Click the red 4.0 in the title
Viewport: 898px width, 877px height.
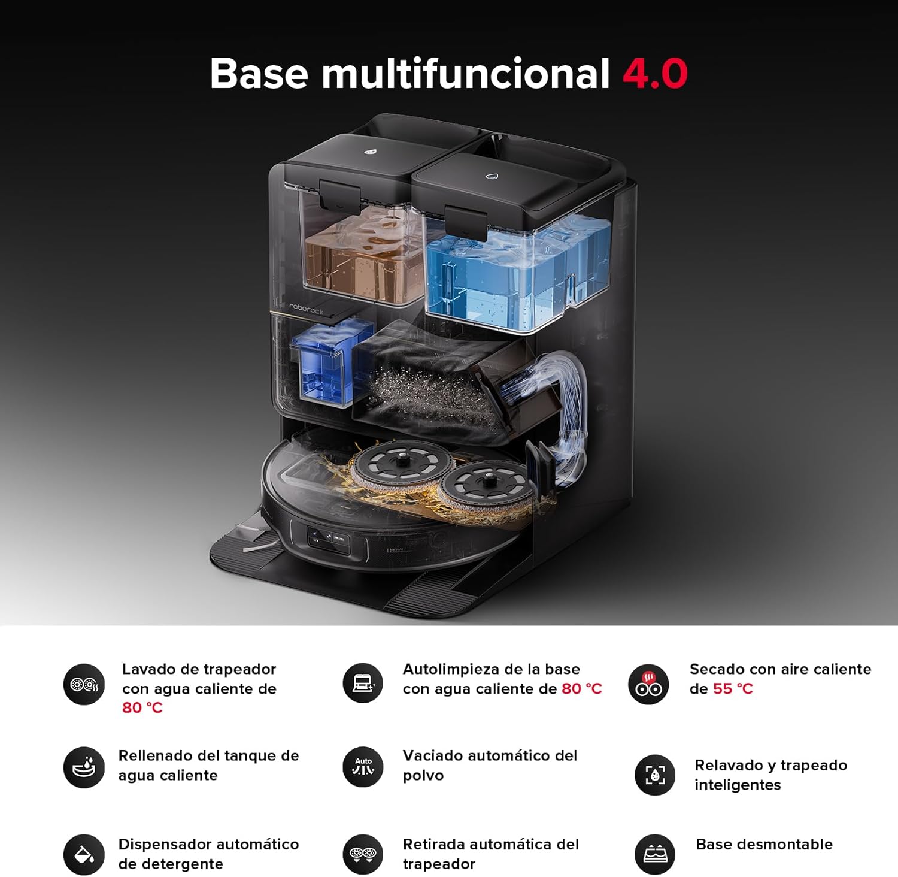click(x=655, y=74)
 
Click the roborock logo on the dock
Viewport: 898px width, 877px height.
click(x=306, y=309)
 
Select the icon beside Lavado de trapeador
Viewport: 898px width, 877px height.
click(x=84, y=684)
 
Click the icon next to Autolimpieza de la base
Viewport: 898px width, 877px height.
click(x=363, y=684)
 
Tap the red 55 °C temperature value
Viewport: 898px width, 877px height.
click(x=733, y=689)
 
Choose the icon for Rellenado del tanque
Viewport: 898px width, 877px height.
click(x=84, y=767)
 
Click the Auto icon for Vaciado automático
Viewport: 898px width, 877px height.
click(x=363, y=767)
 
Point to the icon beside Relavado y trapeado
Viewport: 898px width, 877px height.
click(x=655, y=775)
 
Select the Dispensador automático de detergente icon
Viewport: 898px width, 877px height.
click(x=84, y=854)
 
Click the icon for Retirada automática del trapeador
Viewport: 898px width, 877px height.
click(x=363, y=854)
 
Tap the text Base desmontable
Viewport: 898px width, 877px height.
click(x=764, y=844)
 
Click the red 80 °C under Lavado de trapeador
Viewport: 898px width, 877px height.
click(x=142, y=708)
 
